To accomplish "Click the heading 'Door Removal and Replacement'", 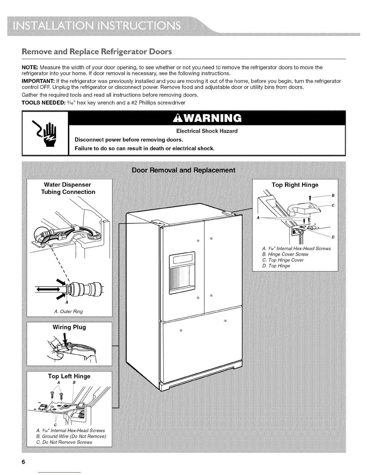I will [183, 170].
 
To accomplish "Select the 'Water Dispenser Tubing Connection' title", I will [68, 188].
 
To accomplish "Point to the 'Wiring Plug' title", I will [69, 327].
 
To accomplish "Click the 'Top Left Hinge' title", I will [69, 376].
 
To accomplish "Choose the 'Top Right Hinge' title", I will [295, 185].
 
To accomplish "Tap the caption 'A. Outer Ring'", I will [68, 311].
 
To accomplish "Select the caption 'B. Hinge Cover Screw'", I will [285, 254].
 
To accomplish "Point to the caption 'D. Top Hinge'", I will [276, 266].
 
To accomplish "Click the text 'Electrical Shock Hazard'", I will [207, 131].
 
